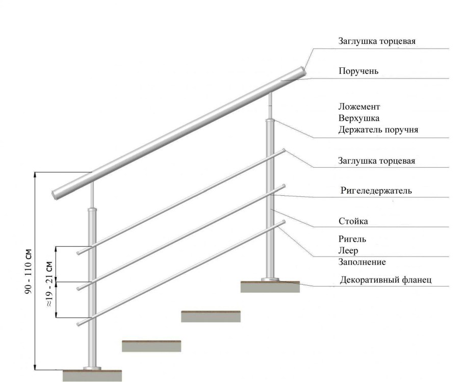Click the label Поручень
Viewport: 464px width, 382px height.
(358, 71)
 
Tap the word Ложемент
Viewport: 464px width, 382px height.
(359, 106)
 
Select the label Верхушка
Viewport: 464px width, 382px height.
(359, 118)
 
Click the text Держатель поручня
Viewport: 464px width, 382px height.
(378, 130)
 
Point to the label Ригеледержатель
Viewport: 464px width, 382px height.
(376, 190)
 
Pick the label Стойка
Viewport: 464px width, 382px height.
(353, 221)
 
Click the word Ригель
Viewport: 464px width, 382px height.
(352, 239)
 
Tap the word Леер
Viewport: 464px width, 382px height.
(348, 250)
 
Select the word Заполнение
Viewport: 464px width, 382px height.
(362, 262)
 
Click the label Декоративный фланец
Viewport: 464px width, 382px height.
(385, 279)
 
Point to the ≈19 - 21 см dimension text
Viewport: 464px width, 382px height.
(49, 284)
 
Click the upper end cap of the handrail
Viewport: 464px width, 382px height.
(303, 71)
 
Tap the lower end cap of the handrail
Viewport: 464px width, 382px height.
(54, 195)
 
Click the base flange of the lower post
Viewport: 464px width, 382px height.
(92, 368)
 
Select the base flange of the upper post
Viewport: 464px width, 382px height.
(270, 279)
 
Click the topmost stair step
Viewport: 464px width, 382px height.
(270, 287)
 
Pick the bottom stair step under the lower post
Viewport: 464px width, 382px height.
(92, 375)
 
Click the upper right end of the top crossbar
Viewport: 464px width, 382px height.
(284, 150)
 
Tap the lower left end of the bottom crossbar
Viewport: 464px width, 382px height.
(79, 324)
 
